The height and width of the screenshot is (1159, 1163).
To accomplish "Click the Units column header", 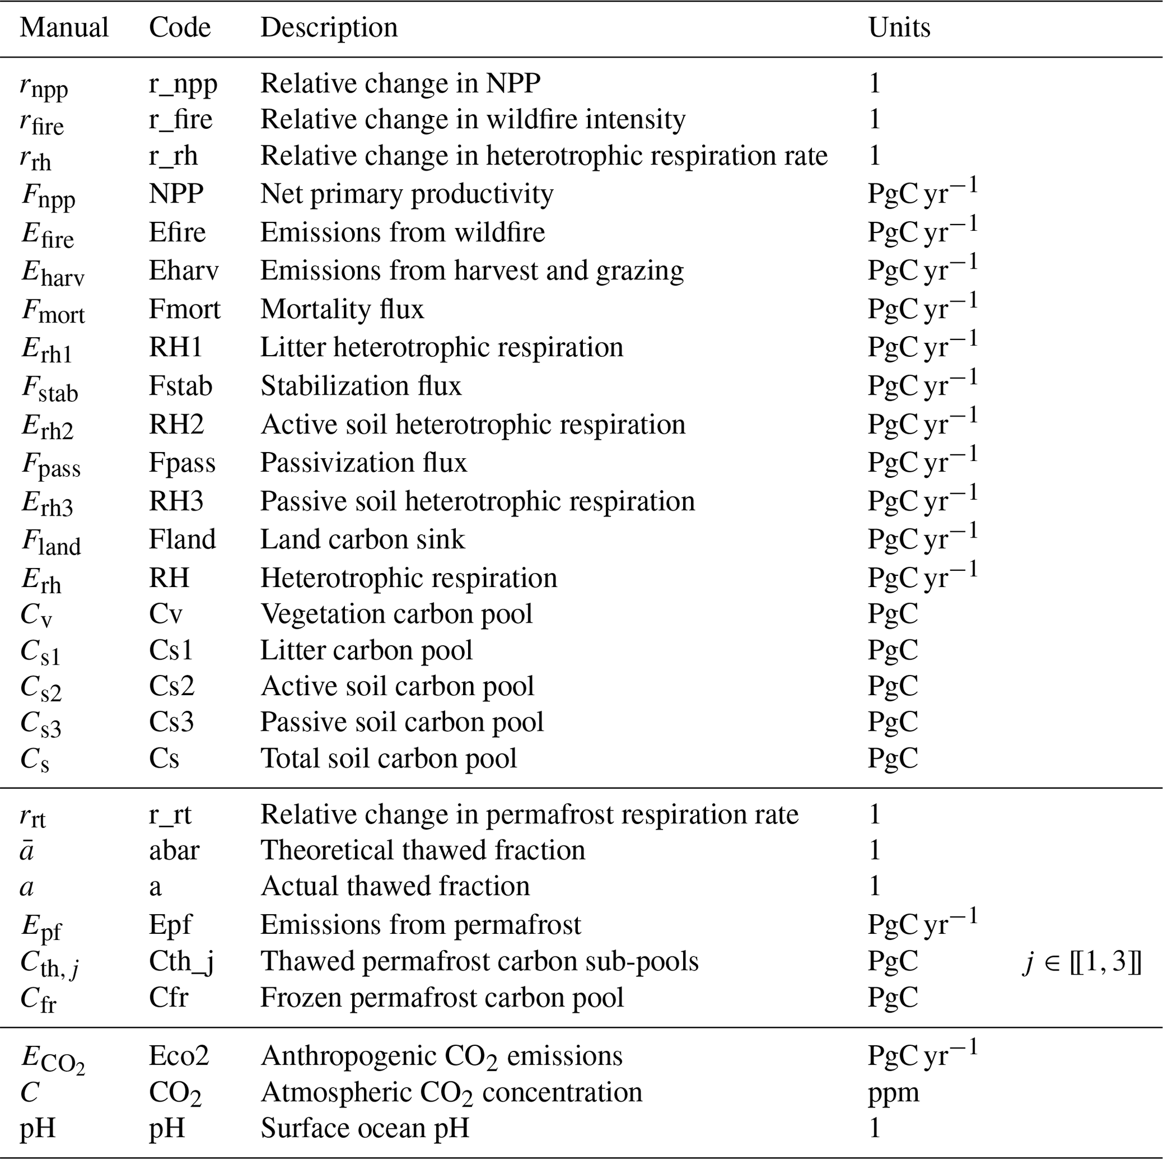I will click(x=899, y=28).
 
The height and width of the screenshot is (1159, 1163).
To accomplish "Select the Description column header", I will click(x=329, y=28).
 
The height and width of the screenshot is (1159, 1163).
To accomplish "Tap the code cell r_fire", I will click(x=181, y=119).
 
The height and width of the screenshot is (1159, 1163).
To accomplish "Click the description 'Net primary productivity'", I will click(x=406, y=194).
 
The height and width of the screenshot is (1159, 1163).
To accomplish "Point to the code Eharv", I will click(x=183, y=270).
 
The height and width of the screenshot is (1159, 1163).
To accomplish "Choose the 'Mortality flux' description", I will click(x=342, y=309).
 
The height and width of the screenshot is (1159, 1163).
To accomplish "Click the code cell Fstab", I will click(x=181, y=386).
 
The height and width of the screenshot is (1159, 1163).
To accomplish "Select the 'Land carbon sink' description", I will click(x=362, y=539).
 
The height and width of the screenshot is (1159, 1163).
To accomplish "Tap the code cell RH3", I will click(x=176, y=501).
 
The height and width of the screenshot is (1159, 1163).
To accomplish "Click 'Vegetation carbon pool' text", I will click(x=397, y=614).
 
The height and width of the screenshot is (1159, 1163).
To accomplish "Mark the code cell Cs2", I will click(x=172, y=686).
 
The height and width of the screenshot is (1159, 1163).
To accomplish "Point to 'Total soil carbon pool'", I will click(x=388, y=759).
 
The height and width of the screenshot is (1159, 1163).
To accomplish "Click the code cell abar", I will click(x=174, y=851).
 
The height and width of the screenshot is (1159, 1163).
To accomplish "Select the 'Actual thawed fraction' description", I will click(x=395, y=886).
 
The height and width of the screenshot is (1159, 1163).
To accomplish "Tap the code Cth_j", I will click(x=181, y=961).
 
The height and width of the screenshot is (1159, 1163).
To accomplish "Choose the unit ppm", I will click(x=893, y=1092).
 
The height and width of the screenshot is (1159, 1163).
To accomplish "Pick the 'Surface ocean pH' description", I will click(x=364, y=1127).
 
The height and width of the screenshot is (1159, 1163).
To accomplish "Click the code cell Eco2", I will click(x=179, y=1056).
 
